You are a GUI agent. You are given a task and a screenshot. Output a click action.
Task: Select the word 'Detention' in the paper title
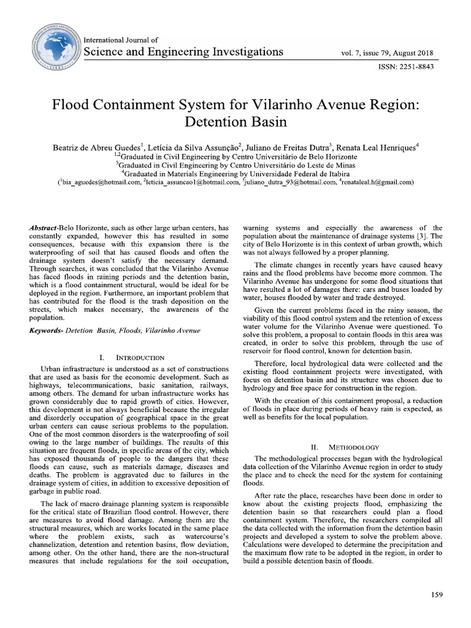click(x=210, y=121)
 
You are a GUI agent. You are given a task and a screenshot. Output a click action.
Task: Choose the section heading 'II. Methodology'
click(x=345, y=447)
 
